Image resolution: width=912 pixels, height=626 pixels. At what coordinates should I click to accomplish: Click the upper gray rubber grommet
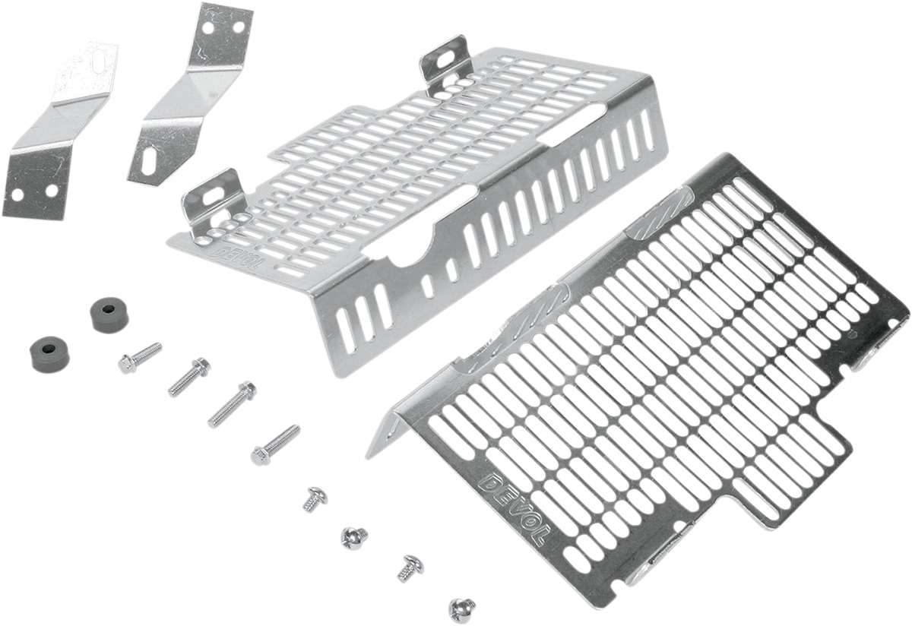(x=109, y=315)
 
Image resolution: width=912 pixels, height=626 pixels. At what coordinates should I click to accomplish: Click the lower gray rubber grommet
(x=49, y=354)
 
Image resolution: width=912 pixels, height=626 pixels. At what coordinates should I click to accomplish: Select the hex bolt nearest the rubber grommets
(x=140, y=358)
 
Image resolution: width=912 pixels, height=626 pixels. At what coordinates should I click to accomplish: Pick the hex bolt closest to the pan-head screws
(x=275, y=445)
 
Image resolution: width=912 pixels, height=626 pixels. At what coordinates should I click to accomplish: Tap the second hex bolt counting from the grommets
(x=189, y=377)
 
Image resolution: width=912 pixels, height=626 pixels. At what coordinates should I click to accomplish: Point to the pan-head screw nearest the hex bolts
(x=315, y=498)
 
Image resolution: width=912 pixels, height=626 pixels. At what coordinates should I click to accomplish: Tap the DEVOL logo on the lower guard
(x=515, y=510)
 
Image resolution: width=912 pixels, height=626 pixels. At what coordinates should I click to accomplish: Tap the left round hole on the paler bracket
(x=17, y=195)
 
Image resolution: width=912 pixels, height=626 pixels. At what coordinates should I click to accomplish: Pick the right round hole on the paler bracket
(x=52, y=190)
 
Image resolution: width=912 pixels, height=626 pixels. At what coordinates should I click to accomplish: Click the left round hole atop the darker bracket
(x=208, y=29)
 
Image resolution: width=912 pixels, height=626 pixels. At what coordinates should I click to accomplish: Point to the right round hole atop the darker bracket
(x=239, y=27)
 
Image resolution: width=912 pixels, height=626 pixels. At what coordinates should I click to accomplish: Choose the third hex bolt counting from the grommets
(x=232, y=405)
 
